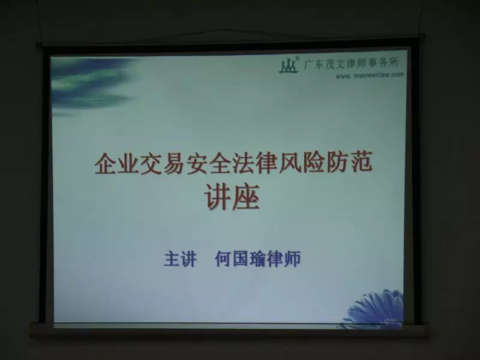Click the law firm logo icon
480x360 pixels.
coord(289,65)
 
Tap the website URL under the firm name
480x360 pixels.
coord(370,75)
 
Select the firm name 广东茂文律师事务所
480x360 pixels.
coord(351,64)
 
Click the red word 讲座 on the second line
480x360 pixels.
coord(232,197)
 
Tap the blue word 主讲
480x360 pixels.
coord(179,259)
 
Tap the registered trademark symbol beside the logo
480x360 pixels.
coord(298,58)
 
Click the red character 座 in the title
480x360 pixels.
coord(246,197)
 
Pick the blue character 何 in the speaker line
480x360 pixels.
coord(223,259)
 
